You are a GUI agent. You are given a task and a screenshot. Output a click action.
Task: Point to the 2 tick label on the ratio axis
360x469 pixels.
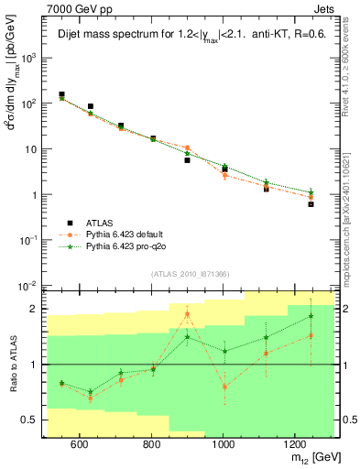click(x=35, y=310)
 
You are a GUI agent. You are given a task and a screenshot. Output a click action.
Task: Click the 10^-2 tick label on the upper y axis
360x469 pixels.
click(x=28, y=285)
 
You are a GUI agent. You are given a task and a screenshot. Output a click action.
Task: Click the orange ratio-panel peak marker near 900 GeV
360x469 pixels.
click(x=187, y=314)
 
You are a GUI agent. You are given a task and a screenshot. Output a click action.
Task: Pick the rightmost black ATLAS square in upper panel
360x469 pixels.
click(x=311, y=204)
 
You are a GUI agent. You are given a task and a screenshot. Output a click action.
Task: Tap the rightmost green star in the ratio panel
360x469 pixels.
click(x=311, y=316)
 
